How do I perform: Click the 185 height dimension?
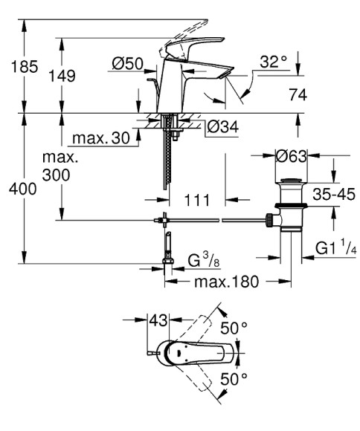pos(23,68)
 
